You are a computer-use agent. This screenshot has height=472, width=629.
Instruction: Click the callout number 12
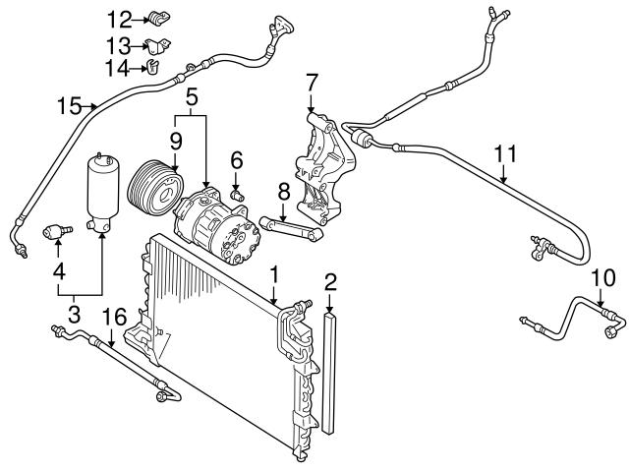pos(118,19)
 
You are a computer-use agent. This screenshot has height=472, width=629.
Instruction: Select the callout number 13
pos(118,44)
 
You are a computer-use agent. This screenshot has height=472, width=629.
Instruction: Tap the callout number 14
pos(118,67)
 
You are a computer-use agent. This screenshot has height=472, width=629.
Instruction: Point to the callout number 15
pos(67,104)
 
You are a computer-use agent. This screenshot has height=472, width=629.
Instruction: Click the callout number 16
pos(115,316)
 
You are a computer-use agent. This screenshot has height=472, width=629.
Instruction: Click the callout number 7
pos(312,82)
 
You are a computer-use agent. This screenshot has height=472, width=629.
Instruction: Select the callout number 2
pos(331,284)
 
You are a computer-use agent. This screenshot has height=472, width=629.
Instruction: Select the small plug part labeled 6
pos(237,193)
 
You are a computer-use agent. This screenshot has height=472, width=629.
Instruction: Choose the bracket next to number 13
pos(157,44)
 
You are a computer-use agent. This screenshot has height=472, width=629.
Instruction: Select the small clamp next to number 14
pos(153,67)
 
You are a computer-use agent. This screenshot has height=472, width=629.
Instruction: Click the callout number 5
pos(191,97)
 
